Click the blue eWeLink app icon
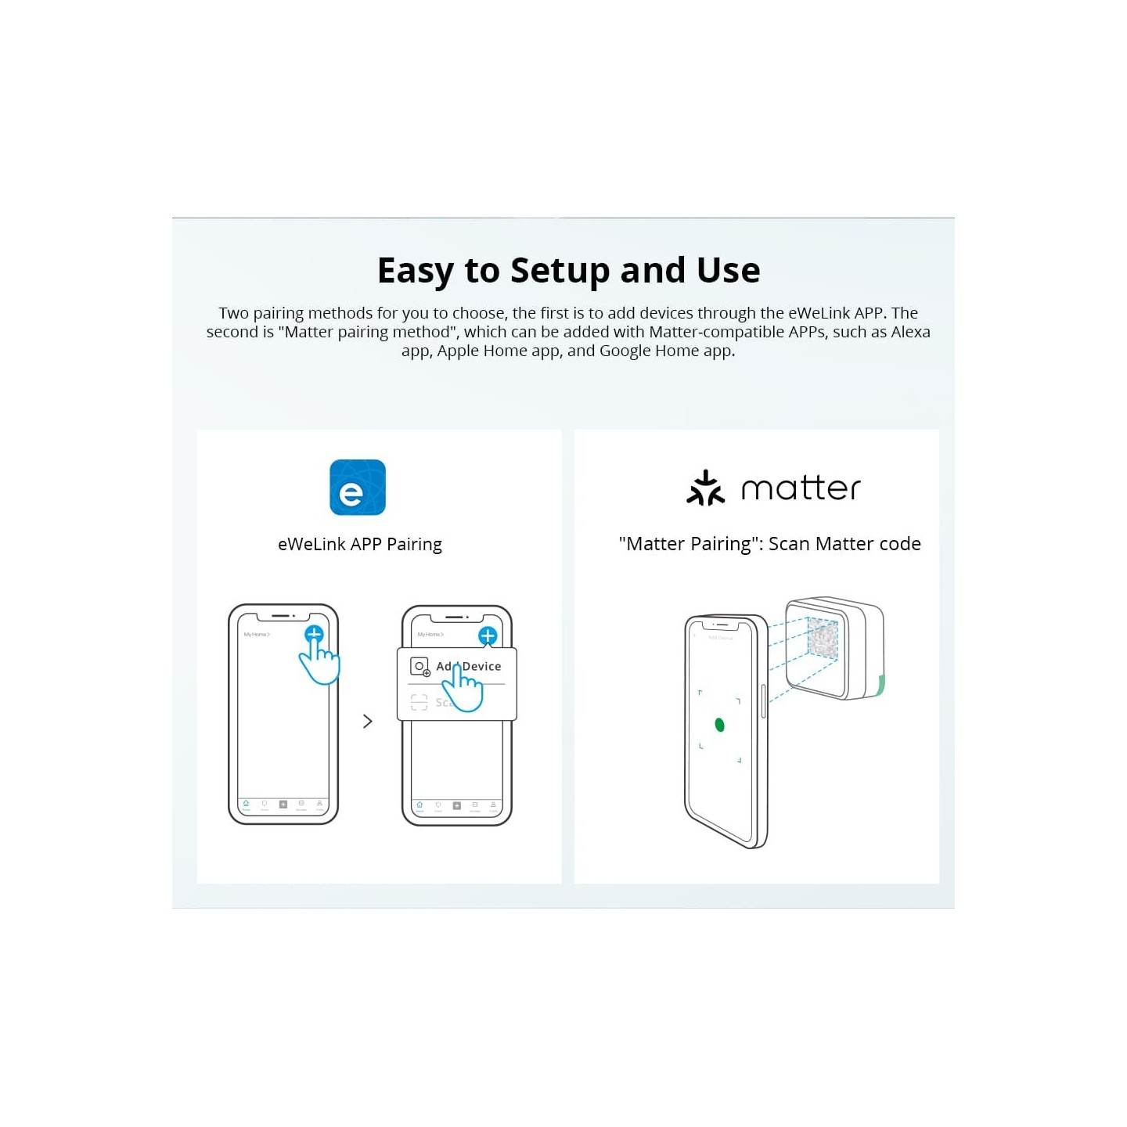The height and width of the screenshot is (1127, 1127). click(357, 487)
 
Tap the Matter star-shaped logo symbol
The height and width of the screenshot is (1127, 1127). click(704, 488)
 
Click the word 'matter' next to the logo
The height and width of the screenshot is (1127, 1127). click(800, 488)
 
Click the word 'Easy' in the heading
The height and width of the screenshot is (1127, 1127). click(415, 271)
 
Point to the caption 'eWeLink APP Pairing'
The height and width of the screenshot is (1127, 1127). click(359, 544)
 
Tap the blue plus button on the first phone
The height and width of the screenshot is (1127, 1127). click(314, 634)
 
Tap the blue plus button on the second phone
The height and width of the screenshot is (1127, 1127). click(488, 636)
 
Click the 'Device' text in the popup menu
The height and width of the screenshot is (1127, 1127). click(482, 667)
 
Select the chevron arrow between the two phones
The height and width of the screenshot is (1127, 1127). click(368, 721)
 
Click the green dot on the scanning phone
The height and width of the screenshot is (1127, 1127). click(719, 726)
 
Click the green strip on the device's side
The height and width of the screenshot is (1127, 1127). click(880, 686)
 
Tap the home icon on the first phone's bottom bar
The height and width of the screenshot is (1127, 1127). click(246, 804)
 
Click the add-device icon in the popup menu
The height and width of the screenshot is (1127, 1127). click(420, 667)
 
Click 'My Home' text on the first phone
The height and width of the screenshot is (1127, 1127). click(256, 634)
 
